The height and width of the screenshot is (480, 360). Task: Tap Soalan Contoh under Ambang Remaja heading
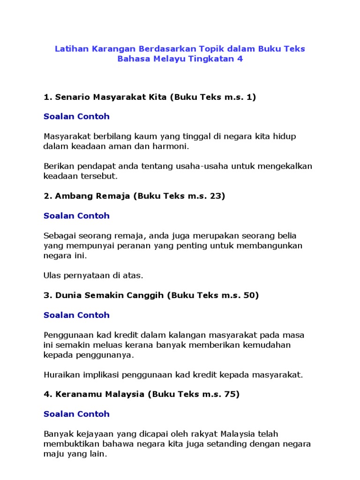click(76, 216)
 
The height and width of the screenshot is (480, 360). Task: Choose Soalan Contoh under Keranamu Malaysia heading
click(76, 414)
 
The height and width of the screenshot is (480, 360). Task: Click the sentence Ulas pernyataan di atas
click(93, 275)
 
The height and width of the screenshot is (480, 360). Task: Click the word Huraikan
click(61, 374)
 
